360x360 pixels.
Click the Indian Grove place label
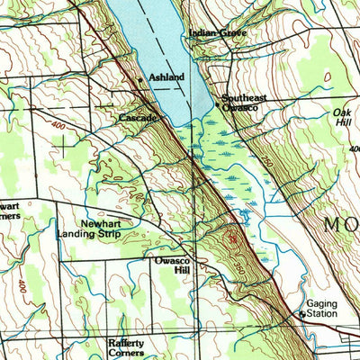217,33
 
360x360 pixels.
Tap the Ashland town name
166,77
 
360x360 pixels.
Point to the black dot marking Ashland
140,80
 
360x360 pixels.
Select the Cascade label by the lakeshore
139,117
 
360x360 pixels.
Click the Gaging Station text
320,309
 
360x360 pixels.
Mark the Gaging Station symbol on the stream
301,314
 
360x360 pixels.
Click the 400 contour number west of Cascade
60,125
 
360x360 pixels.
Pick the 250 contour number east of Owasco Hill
239,267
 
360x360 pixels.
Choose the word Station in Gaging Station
320,314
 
